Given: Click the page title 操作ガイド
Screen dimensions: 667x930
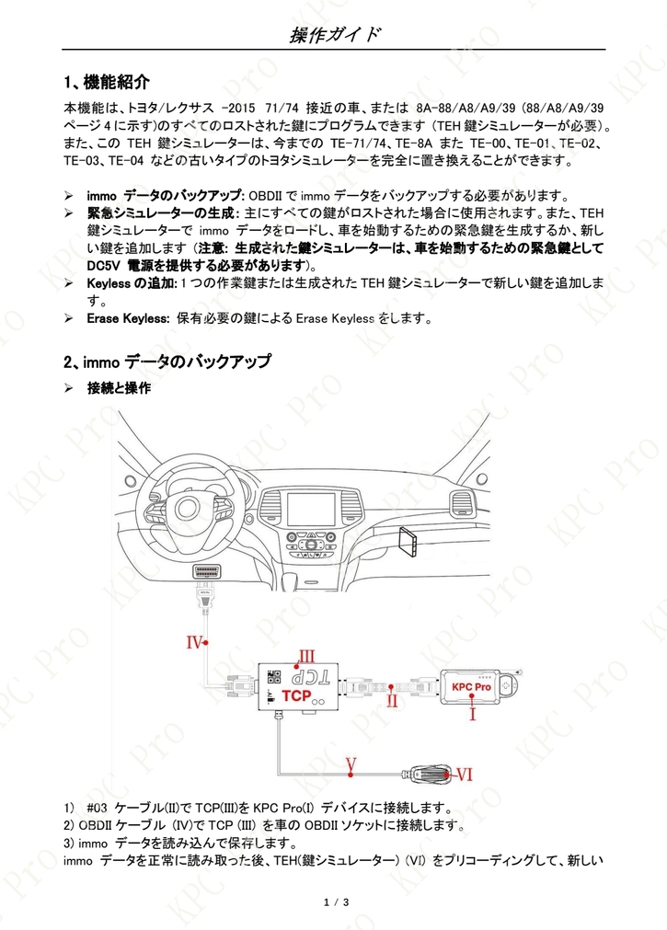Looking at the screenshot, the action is point(334,35).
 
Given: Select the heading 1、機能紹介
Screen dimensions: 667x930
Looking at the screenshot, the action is point(107,82).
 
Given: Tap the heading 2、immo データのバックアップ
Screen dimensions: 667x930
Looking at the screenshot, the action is point(167,362).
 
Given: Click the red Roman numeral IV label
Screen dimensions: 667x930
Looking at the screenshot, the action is point(195,642).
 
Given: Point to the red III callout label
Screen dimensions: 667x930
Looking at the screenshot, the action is point(306,656).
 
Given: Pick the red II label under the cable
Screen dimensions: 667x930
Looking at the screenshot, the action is point(392,700).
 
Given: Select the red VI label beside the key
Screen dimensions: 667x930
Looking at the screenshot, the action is point(464,774).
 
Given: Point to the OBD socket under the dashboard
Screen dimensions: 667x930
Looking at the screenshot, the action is point(206,572).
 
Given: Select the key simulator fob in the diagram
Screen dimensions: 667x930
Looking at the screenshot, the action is point(429,774).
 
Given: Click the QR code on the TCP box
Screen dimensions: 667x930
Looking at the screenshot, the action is point(273,676).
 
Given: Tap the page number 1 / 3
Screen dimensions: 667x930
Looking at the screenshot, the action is point(337,902).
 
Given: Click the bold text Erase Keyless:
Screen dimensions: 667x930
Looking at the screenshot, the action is point(128,318).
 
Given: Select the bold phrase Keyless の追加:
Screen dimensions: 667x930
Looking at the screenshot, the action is point(132,283).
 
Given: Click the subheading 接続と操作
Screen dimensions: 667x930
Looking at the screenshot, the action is point(119,388).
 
